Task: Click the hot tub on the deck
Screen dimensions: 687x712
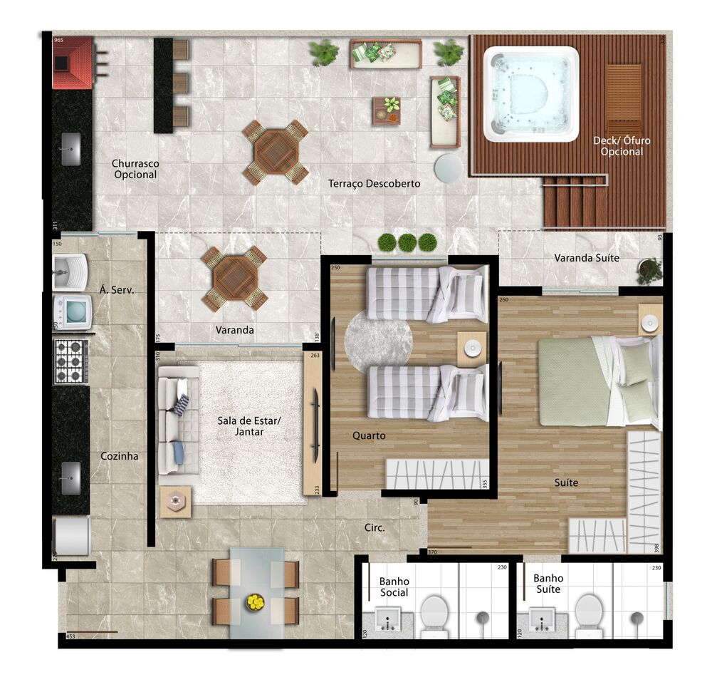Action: [x=532, y=93]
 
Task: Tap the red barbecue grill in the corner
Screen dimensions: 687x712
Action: [x=72, y=62]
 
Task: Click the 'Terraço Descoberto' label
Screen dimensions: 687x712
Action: [x=374, y=184]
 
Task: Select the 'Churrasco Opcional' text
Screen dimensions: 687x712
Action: [x=135, y=169]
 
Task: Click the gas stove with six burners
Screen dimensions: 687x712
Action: [x=71, y=361]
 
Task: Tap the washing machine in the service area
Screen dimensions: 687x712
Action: [x=73, y=311]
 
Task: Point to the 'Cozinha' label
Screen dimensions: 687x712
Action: [x=119, y=456]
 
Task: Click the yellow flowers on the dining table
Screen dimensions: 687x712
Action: [x=255, y=603]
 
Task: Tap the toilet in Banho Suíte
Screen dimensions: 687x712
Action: [x=588, y=614]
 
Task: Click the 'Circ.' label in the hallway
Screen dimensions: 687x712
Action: [x=374, y=528]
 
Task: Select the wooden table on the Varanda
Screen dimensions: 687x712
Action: [x=234, y=278]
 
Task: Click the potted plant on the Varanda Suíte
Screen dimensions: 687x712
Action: [x=649, y=269]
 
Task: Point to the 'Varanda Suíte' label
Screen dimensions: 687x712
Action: [x=587, y=257]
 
